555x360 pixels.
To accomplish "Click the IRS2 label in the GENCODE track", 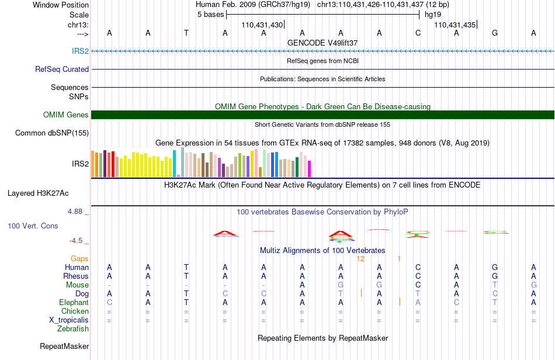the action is [x=81, y=51].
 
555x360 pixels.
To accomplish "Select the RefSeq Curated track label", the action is [x=62, y=69].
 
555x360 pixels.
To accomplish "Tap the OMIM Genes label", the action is [x=66, y=115].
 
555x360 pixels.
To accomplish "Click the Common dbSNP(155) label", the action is [x=52, y=133].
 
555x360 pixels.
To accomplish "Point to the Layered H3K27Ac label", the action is [x=38, y=193].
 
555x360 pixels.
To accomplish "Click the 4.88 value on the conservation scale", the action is [x=75, y=212].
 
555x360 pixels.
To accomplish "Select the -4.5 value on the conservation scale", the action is [x=76, y=241].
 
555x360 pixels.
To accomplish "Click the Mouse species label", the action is [x=77, y=285].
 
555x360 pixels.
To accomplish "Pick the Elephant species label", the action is [x=74, y=303].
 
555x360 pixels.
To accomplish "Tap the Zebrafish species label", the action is [x=73, y=329].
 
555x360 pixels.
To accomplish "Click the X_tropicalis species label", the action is [x=69, y=320].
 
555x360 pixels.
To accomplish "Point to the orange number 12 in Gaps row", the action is [x=360, y=259].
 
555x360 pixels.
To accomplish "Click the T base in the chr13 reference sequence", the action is [x=186, y=33].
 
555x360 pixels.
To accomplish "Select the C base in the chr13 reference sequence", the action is [x=418, y=33].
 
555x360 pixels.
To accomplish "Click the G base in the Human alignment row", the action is [x=495, y=267].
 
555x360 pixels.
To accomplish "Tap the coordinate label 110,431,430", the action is [x=262, y=25].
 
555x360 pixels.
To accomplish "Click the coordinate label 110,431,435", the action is [x=455, y=25].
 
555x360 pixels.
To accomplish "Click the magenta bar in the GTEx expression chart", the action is [x=310, y=169].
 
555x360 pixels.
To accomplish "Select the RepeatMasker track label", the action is [x=64, y=346].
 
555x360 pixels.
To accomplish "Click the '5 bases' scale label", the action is [x=210, y=15].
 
